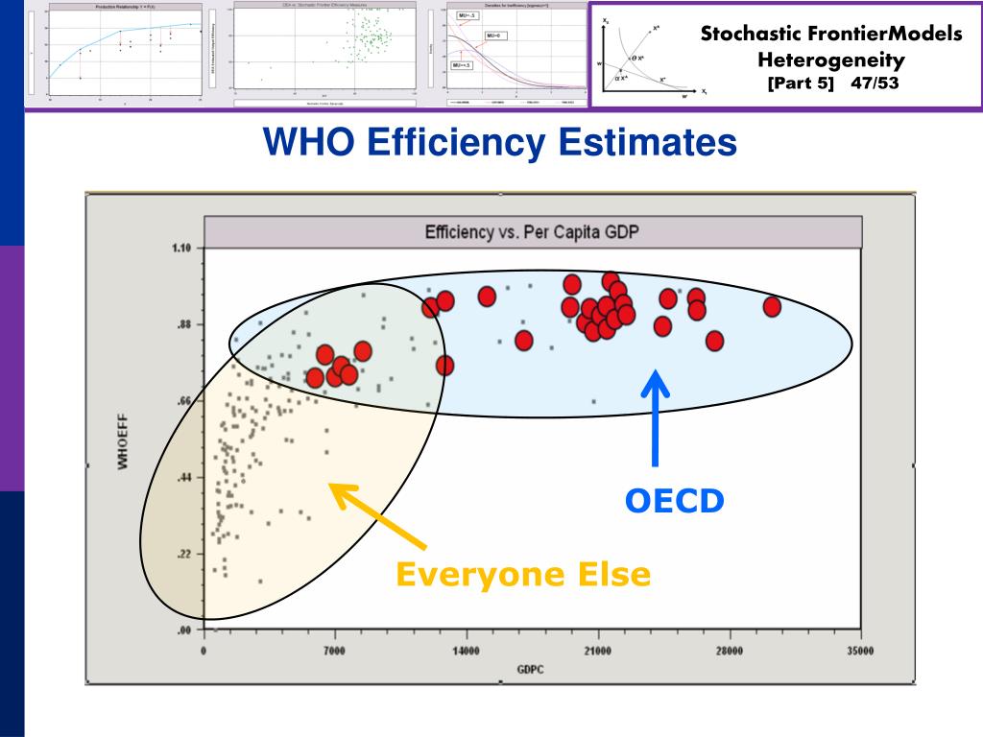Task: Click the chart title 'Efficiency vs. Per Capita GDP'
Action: tap(532, 232)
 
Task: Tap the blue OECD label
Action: tap(674, 500)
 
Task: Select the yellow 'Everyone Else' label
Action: tap(523, 575)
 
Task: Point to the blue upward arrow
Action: tap(656, 417)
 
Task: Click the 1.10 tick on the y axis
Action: tap(181, 249)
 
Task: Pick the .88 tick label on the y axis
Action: tap(184, 324)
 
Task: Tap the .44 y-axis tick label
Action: tap(184, 477)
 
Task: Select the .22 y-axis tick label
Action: tap(184, 554)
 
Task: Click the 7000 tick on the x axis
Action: tap(334, 651)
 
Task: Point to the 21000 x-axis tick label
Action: tap(597, 651)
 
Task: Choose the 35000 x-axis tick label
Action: tap(860, 651)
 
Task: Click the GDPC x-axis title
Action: tap(530, 669)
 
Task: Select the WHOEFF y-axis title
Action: tap(123, 441)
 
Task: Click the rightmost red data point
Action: tap(771, 306)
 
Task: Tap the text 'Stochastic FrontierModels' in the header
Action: tap(830, 35)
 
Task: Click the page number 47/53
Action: tap(875, 83)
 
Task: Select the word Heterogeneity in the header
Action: tap(830, 59)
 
